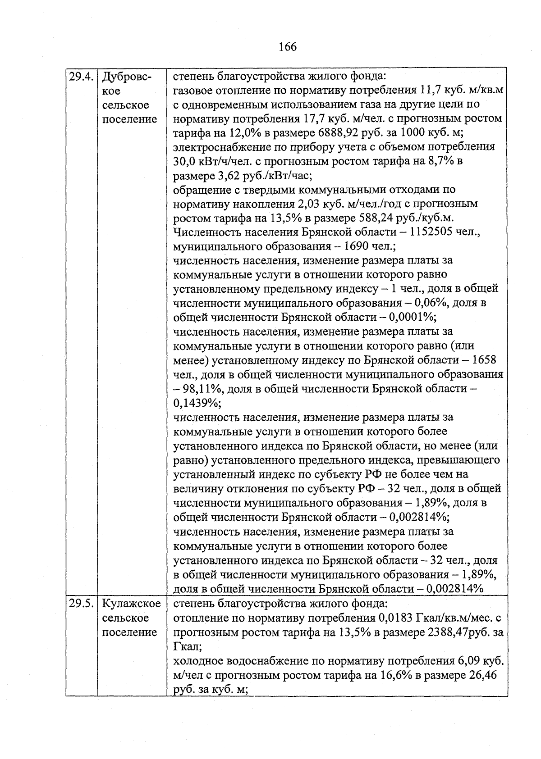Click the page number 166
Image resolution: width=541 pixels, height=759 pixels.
click(288, 46)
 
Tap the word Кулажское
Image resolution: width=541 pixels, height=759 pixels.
click(131, 603)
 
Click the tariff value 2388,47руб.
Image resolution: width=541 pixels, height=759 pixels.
click(458, 632)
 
